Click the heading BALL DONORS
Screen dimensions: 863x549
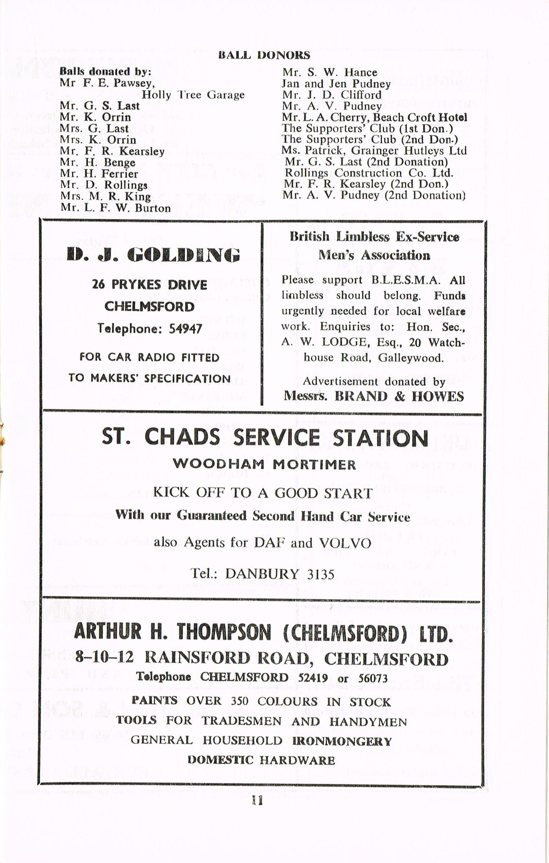click(x=264, y=55)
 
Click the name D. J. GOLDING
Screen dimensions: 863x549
click(x=153, y=255)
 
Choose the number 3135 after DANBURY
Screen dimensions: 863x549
click(x=320, y=574)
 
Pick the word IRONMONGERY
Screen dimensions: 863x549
click(x=342, y=741)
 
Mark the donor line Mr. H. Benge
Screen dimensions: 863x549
click(x=97, y=162)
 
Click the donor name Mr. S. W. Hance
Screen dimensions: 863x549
click(x=329, y=72)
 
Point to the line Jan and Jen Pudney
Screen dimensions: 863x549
click(x=336, y=84)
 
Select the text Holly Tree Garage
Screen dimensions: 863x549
click(x=193, y=95)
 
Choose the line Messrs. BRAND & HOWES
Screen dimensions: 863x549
click(x=373, y=396)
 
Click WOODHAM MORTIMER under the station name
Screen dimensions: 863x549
click(x=264, y=465)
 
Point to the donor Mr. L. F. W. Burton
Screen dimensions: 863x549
click(x=115, y=208)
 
